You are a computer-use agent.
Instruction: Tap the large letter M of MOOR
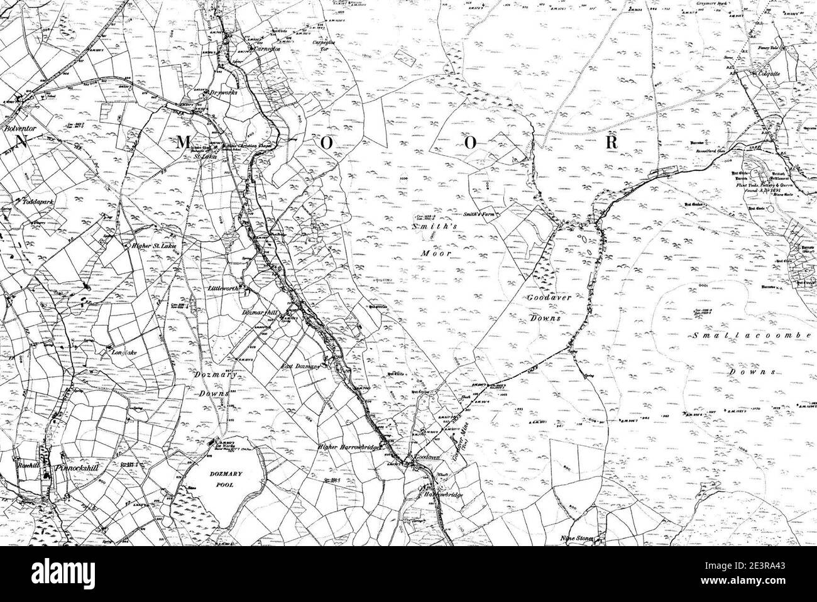pyautogui.click(x=183, y=143)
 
